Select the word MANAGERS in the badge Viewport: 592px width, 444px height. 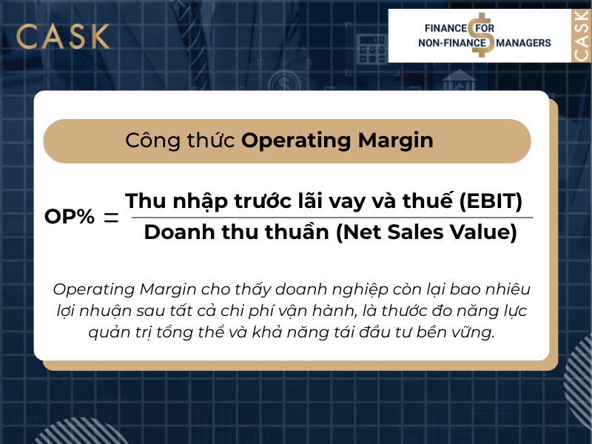tap(524, 44)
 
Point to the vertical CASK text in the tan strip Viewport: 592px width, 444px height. tap(582, 36)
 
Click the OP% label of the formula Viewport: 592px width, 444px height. tap(70, 217)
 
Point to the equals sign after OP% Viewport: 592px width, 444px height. tap(111, 218)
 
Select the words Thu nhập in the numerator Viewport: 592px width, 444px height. tap(166, 201)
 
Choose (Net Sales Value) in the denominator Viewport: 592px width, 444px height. tap(426, 232)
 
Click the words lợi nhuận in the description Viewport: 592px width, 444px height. tap(92, 311)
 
